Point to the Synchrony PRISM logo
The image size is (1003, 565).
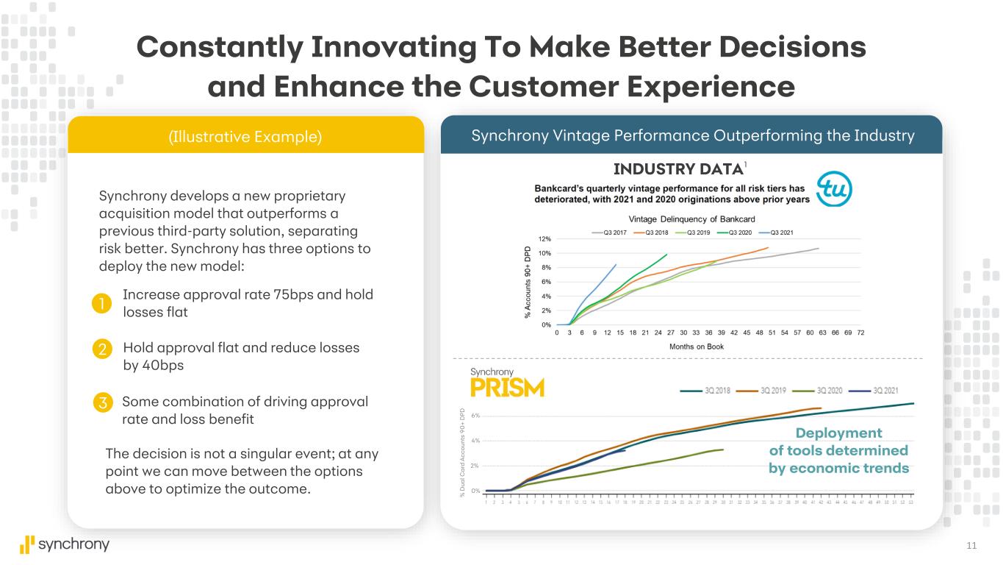tap(507, 383)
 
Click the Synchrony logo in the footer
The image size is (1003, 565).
tap(65, 544)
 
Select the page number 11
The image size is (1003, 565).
tap(971, 545)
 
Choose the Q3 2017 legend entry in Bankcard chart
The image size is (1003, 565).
tap(610, 232)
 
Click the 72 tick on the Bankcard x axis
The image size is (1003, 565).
tap(860, 333)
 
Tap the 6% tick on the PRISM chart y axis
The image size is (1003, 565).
tap(475, 416)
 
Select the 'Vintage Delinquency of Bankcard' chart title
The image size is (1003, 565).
tap(691, 219)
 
